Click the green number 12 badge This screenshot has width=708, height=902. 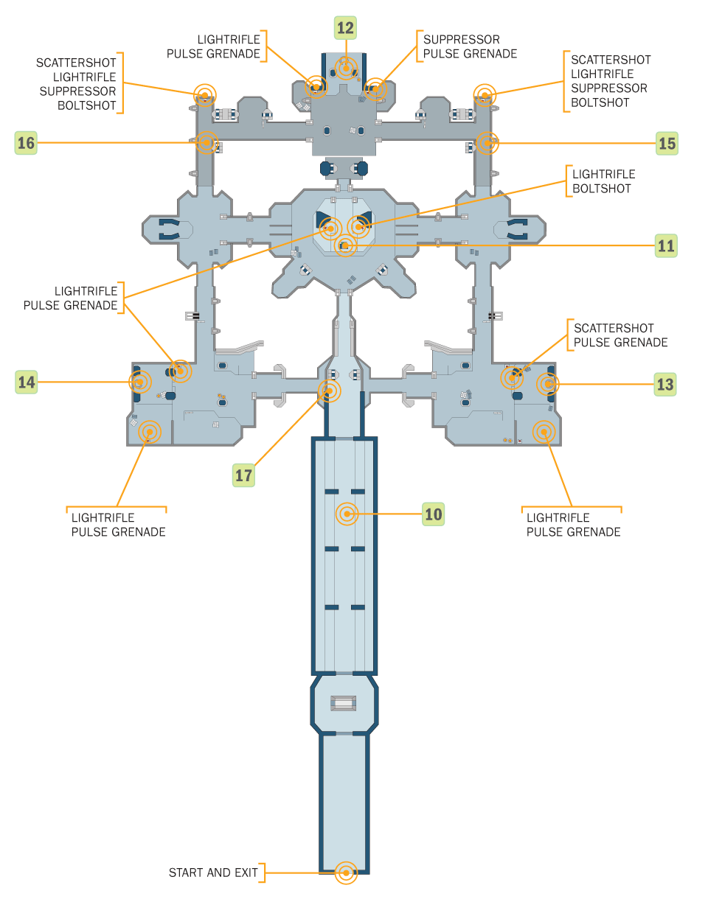click(345, 28)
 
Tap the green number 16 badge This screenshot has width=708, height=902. click(26, 143)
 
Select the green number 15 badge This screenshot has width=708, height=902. click(667, 143)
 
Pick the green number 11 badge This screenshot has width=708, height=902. click(666, 245)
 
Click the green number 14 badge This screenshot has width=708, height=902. click(26, 382)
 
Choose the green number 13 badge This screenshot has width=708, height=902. click(665, 384)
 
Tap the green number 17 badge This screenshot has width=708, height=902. click(243, 475)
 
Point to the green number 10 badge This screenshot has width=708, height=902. click(433, 514)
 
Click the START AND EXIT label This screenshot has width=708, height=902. click(213, 873)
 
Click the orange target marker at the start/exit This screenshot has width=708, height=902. click(346, 873)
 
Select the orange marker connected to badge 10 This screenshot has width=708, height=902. click(347, 514)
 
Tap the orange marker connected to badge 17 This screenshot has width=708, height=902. click(329, 391)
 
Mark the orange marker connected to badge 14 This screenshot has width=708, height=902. click(140, 382)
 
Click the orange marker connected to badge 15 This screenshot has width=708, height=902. click(487, 143)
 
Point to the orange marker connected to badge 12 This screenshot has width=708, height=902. click(346, 68)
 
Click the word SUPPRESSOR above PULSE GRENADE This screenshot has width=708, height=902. click(462, 40)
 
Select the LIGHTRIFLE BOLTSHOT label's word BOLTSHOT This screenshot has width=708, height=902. click(601, 189)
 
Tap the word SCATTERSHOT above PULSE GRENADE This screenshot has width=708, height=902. click(614, 328)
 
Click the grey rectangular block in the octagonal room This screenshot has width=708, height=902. click(343, 703)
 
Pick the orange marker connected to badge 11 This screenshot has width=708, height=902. click(345, 245)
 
